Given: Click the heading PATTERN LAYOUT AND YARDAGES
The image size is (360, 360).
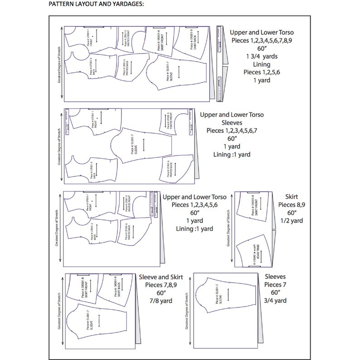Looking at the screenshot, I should click(93, 4).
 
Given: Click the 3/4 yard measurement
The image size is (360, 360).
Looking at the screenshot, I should click(275, 300).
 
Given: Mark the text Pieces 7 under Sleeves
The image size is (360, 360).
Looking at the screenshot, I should click(275, 284).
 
